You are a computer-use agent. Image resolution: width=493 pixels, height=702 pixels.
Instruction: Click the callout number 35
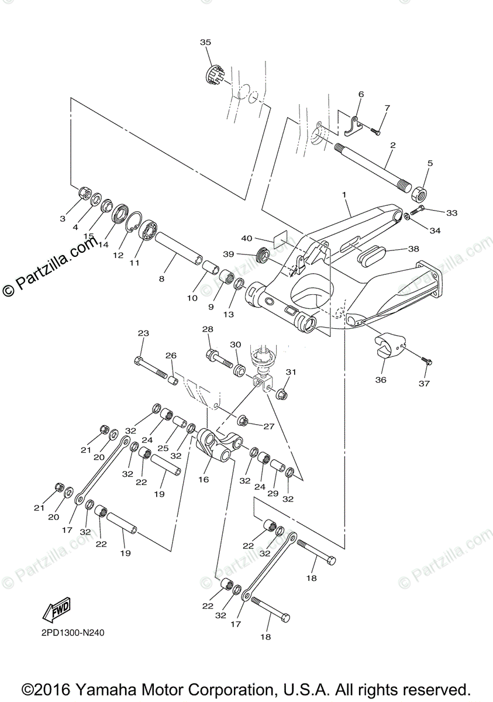[x=205, y=43]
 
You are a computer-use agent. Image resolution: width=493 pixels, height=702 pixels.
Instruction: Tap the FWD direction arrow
[x=57, y=610]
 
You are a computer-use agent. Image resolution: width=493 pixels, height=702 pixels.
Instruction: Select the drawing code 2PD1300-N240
[x=73, y=632]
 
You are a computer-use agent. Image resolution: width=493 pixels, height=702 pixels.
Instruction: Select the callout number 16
[x=203, y=479]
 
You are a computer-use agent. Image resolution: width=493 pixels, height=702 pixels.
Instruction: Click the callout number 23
[x=143, y=333]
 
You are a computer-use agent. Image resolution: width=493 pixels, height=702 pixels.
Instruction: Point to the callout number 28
[x=208, y=330]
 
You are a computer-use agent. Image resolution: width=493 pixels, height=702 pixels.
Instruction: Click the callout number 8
[x=161, y=278]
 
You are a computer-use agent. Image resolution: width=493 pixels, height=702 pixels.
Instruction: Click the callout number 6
[x=361, y=94]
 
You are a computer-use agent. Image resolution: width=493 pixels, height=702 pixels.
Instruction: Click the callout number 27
[x=268, y=426]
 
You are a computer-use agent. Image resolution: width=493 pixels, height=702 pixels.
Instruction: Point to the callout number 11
[x=135, y=263]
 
